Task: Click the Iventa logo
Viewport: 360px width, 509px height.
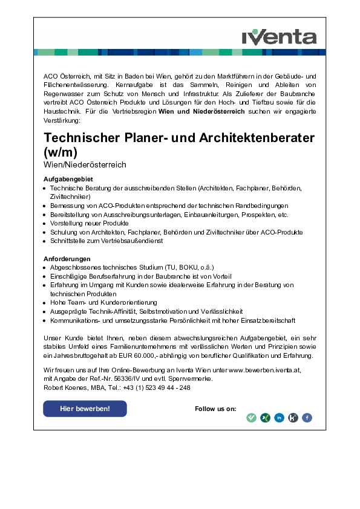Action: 279,37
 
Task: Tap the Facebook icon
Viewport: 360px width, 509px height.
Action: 307,417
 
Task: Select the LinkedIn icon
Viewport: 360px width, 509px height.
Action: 279,417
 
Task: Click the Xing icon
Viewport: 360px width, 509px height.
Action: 265,417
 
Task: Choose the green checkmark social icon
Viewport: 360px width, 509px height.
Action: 251,417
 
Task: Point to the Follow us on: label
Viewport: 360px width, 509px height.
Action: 215,409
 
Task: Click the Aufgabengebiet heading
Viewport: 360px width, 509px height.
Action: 68,180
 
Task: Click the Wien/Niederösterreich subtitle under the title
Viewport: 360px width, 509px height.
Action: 85,165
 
